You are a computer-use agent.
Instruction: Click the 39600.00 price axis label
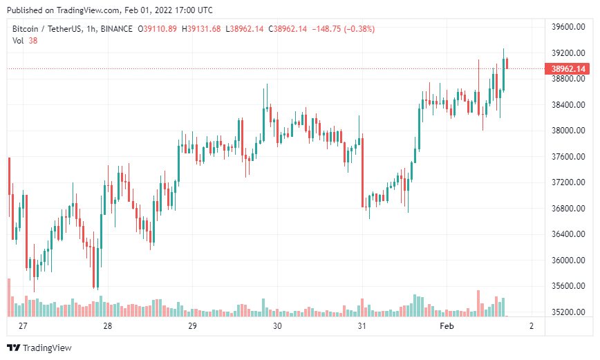coord(568,27)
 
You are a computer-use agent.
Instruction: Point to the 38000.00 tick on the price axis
coord(568,131)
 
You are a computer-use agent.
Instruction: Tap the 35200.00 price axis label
coord(568,312)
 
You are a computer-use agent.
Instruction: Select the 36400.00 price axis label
coord(568,234)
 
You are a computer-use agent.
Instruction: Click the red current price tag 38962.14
coord(568,69)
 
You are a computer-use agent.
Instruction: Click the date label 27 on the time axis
coord(23,326)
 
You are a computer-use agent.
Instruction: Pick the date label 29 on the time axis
coord(193,326)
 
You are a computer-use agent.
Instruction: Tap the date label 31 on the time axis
coord(362,326)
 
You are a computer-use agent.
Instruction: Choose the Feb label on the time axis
coord(447,326)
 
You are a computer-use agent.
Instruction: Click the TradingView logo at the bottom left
coord(39,348)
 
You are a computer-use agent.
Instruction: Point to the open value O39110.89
coord(158,29)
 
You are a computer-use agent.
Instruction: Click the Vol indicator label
coord(19,41)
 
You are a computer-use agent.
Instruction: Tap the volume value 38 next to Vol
coord(33,41)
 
